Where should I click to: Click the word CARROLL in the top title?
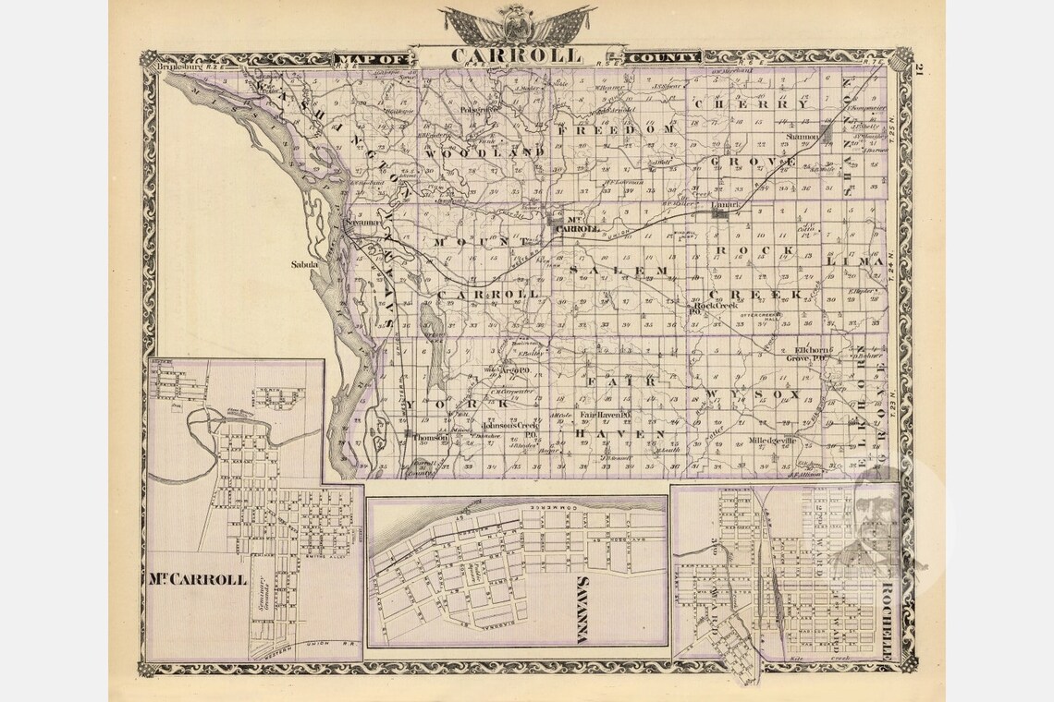tap(516, 54)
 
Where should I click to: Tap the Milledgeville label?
tap(772, 441)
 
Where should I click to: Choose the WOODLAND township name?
tap(479, 151)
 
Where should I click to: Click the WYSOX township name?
tap(751, 395)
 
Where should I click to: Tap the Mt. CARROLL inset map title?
tap(197, 580)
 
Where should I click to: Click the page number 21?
tap(920, 69)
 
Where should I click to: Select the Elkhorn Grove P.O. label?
tap(815, 353)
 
